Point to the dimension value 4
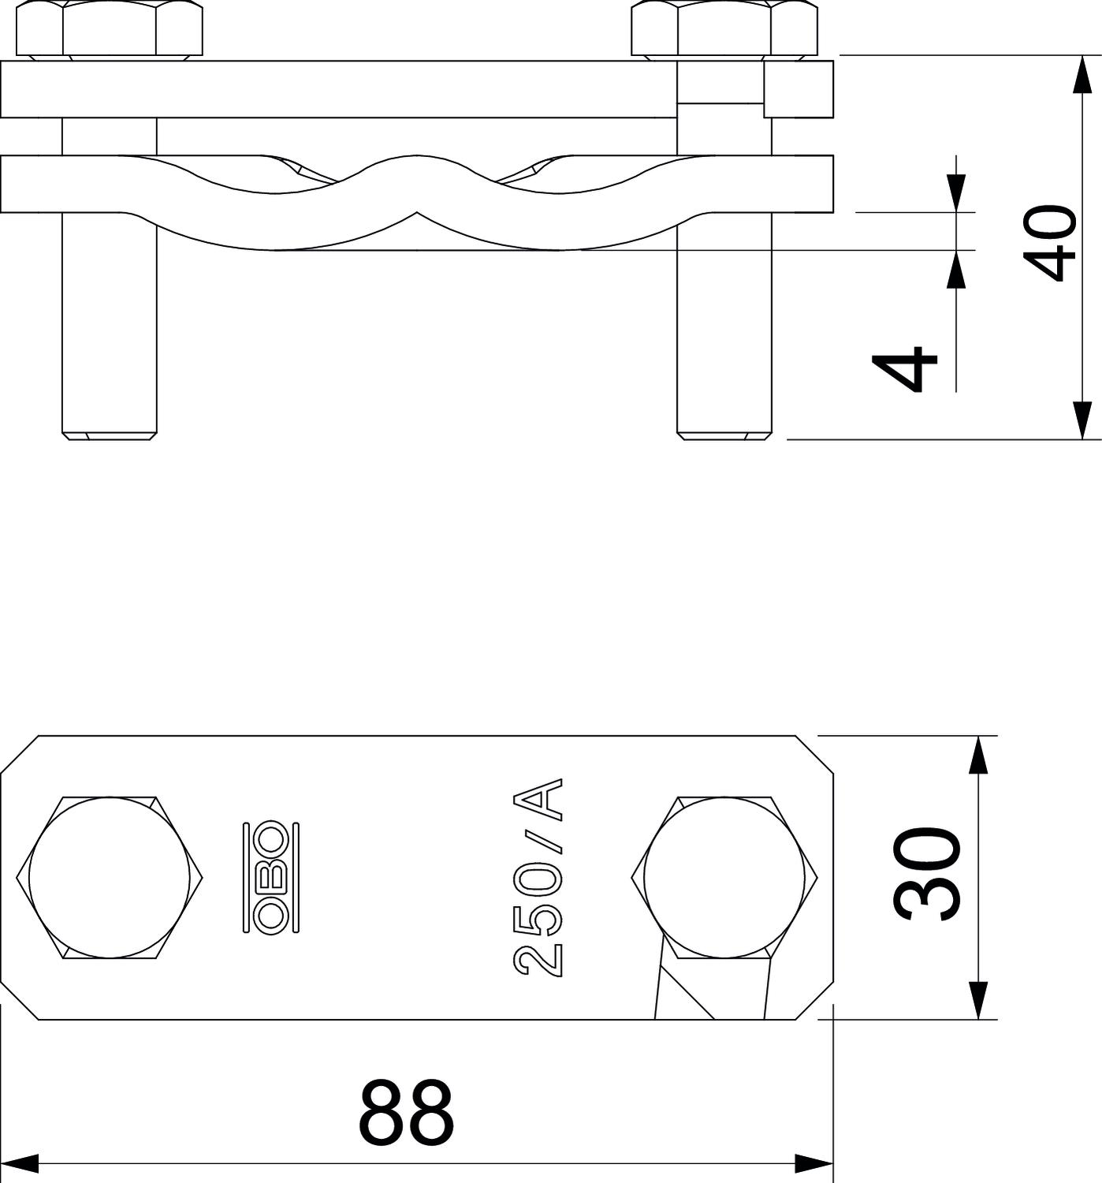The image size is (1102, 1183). [x=904, y=368]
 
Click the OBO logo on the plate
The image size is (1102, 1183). [x=271, y=877]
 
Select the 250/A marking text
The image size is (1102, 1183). [x=539, y=877]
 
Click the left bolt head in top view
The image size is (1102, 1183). [x=110, y=877]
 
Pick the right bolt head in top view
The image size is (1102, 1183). [x=724, y=877]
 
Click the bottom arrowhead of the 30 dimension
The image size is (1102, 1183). [x=977, y=1000]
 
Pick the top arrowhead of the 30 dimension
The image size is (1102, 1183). [x=977, y=755]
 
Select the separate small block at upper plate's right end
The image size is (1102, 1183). [x=799, y=89]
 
